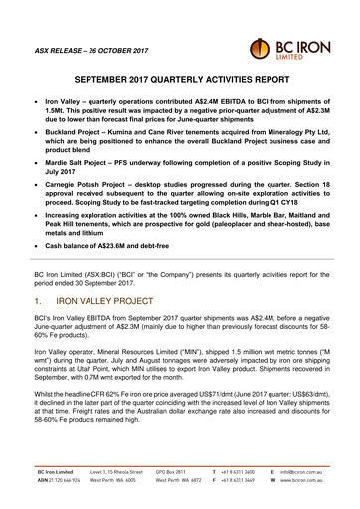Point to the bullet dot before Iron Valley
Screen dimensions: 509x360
(37, 101)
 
